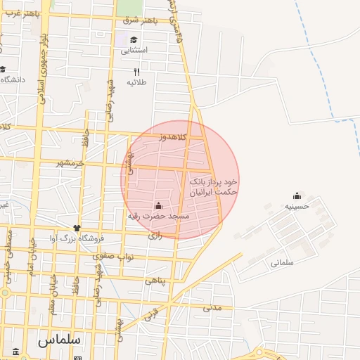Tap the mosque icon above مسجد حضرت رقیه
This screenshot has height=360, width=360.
point(157,205)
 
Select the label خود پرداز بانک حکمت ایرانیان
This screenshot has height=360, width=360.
point(213,186)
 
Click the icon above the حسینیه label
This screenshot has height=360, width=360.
point(297,196)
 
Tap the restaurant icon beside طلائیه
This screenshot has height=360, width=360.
point(137,72)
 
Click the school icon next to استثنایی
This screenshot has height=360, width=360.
point(133,39)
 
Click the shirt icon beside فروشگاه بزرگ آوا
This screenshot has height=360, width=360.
point(77,228)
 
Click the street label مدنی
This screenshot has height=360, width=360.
point(212,307)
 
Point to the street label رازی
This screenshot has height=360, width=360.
point(155,236)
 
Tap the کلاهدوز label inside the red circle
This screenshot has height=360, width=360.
point(172,137)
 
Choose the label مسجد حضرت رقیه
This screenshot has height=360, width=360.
point(157,217)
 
